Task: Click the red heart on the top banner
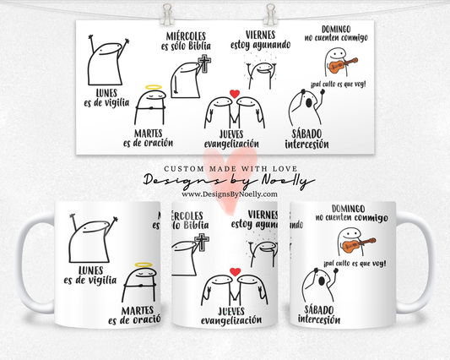(235, 93)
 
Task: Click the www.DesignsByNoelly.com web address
(224, 194)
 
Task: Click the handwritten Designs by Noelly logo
(224, 181)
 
